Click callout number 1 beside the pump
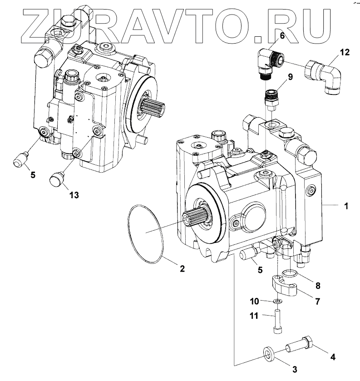[x=346, y=206]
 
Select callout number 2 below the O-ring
[x=182, y=268]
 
